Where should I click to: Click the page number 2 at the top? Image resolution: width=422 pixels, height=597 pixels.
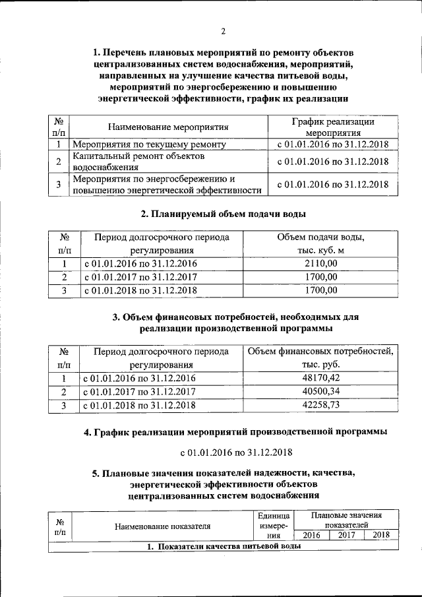[223, 32]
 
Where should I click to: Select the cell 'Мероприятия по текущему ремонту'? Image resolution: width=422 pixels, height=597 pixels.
[150, 144]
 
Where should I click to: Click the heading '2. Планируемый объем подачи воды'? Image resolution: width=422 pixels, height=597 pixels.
[224, 214]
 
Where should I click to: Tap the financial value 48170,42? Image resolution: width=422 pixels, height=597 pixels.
[320, 378]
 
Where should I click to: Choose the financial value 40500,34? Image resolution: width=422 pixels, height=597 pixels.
[320, 392]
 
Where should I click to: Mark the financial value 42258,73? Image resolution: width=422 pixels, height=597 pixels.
[320, 405]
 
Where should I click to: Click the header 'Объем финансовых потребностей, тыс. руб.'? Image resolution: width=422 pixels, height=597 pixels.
[320, 358]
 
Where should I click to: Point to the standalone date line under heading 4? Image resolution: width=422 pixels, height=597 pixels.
[224, 453]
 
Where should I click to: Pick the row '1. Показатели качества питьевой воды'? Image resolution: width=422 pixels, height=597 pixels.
[224, 547]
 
